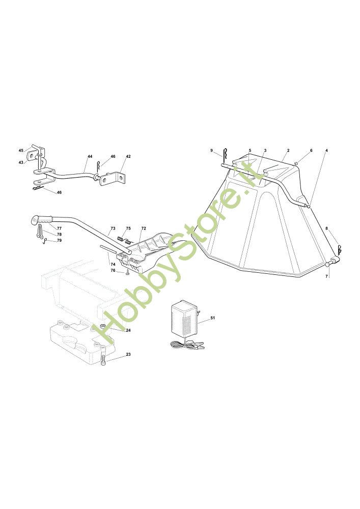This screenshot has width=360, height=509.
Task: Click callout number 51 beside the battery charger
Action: [x=213, y=318]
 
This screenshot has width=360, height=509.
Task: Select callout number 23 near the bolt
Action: [x=128, y=354]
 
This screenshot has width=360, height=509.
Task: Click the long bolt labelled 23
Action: [x=103, y=355]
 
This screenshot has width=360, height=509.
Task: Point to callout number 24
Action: [x=128, y=330]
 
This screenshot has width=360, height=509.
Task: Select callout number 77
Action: [x=59, y=229]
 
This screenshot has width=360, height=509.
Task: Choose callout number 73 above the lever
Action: [x=113, y=229]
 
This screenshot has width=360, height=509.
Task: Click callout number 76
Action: [x=113, y=270]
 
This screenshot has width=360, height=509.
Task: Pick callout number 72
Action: [x=144, y=229]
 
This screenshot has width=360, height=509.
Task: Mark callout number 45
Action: [x=21, y=150]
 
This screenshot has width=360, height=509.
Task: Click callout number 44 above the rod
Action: [x=90, y=156]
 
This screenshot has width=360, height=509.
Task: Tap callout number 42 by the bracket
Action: [x=128, y=156]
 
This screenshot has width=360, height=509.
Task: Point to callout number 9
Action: [x=211, y=150]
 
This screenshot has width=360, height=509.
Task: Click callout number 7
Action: [x=327, y=275]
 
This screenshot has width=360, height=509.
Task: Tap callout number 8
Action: [x=327, y=229]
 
